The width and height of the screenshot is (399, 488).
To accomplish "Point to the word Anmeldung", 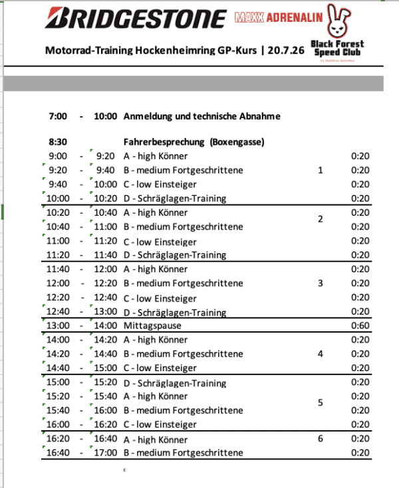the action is (150, 116).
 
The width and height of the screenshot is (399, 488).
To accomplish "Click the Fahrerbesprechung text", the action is (165, 142).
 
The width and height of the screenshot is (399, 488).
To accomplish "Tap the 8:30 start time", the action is (59, 142).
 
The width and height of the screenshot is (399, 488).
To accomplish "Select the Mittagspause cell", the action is (152, 326).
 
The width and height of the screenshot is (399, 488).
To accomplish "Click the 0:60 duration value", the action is (360, 326).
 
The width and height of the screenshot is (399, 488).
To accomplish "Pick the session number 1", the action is (321, 171).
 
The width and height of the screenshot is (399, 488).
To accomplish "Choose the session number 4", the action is (321, 354).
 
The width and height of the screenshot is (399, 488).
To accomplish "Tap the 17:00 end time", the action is (105, 453).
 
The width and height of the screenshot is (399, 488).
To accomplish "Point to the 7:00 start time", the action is (59, 116).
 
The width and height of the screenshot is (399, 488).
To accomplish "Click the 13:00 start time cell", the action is (58, 326).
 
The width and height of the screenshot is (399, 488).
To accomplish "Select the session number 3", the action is (321, 284).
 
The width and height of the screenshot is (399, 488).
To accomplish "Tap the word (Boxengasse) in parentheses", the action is (238, 142).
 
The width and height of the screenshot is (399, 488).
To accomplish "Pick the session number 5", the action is (321, 403).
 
